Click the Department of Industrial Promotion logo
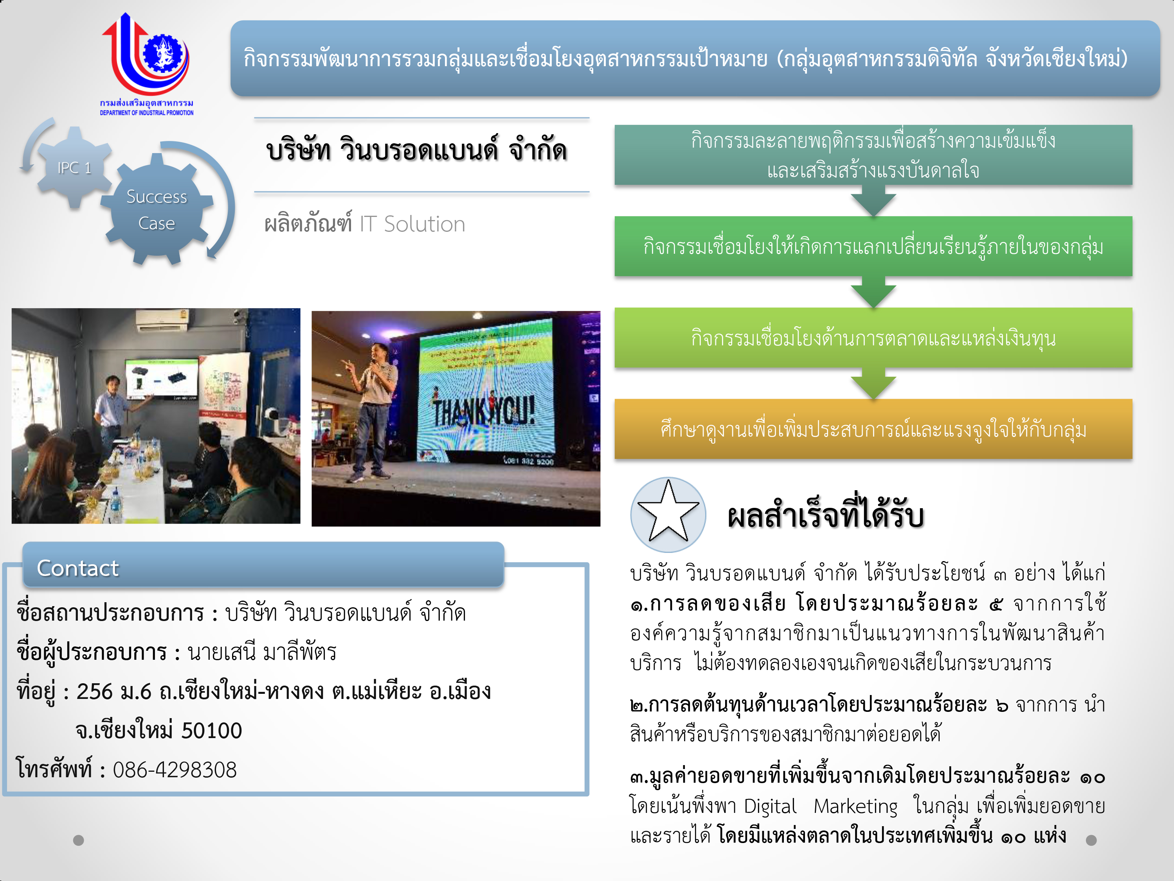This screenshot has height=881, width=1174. (146, 64)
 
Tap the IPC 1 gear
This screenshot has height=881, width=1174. (74, 167)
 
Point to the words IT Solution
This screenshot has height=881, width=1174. (412, 224)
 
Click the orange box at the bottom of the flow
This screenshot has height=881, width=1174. (873, 429)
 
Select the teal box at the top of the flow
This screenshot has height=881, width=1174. (873, 155)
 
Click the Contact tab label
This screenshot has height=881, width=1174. (77, 568)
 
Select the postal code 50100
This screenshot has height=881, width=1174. (212, 731)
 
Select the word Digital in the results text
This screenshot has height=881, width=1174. (770, 807)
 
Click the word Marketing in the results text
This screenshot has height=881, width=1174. (855, 807)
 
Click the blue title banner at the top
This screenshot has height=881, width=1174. (695, 58)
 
